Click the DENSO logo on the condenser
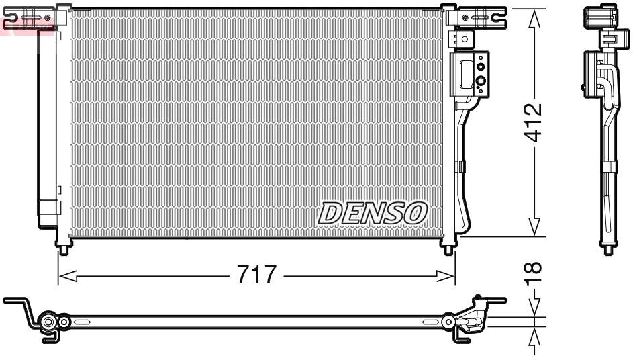click(373, 213)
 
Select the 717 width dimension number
click(256, 275)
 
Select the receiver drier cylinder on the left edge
click(47, 128)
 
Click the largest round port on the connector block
click(481, 83)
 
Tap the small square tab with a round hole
click(465, 38)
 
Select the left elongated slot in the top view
click(83, 322)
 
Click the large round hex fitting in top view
click(48, 323)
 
